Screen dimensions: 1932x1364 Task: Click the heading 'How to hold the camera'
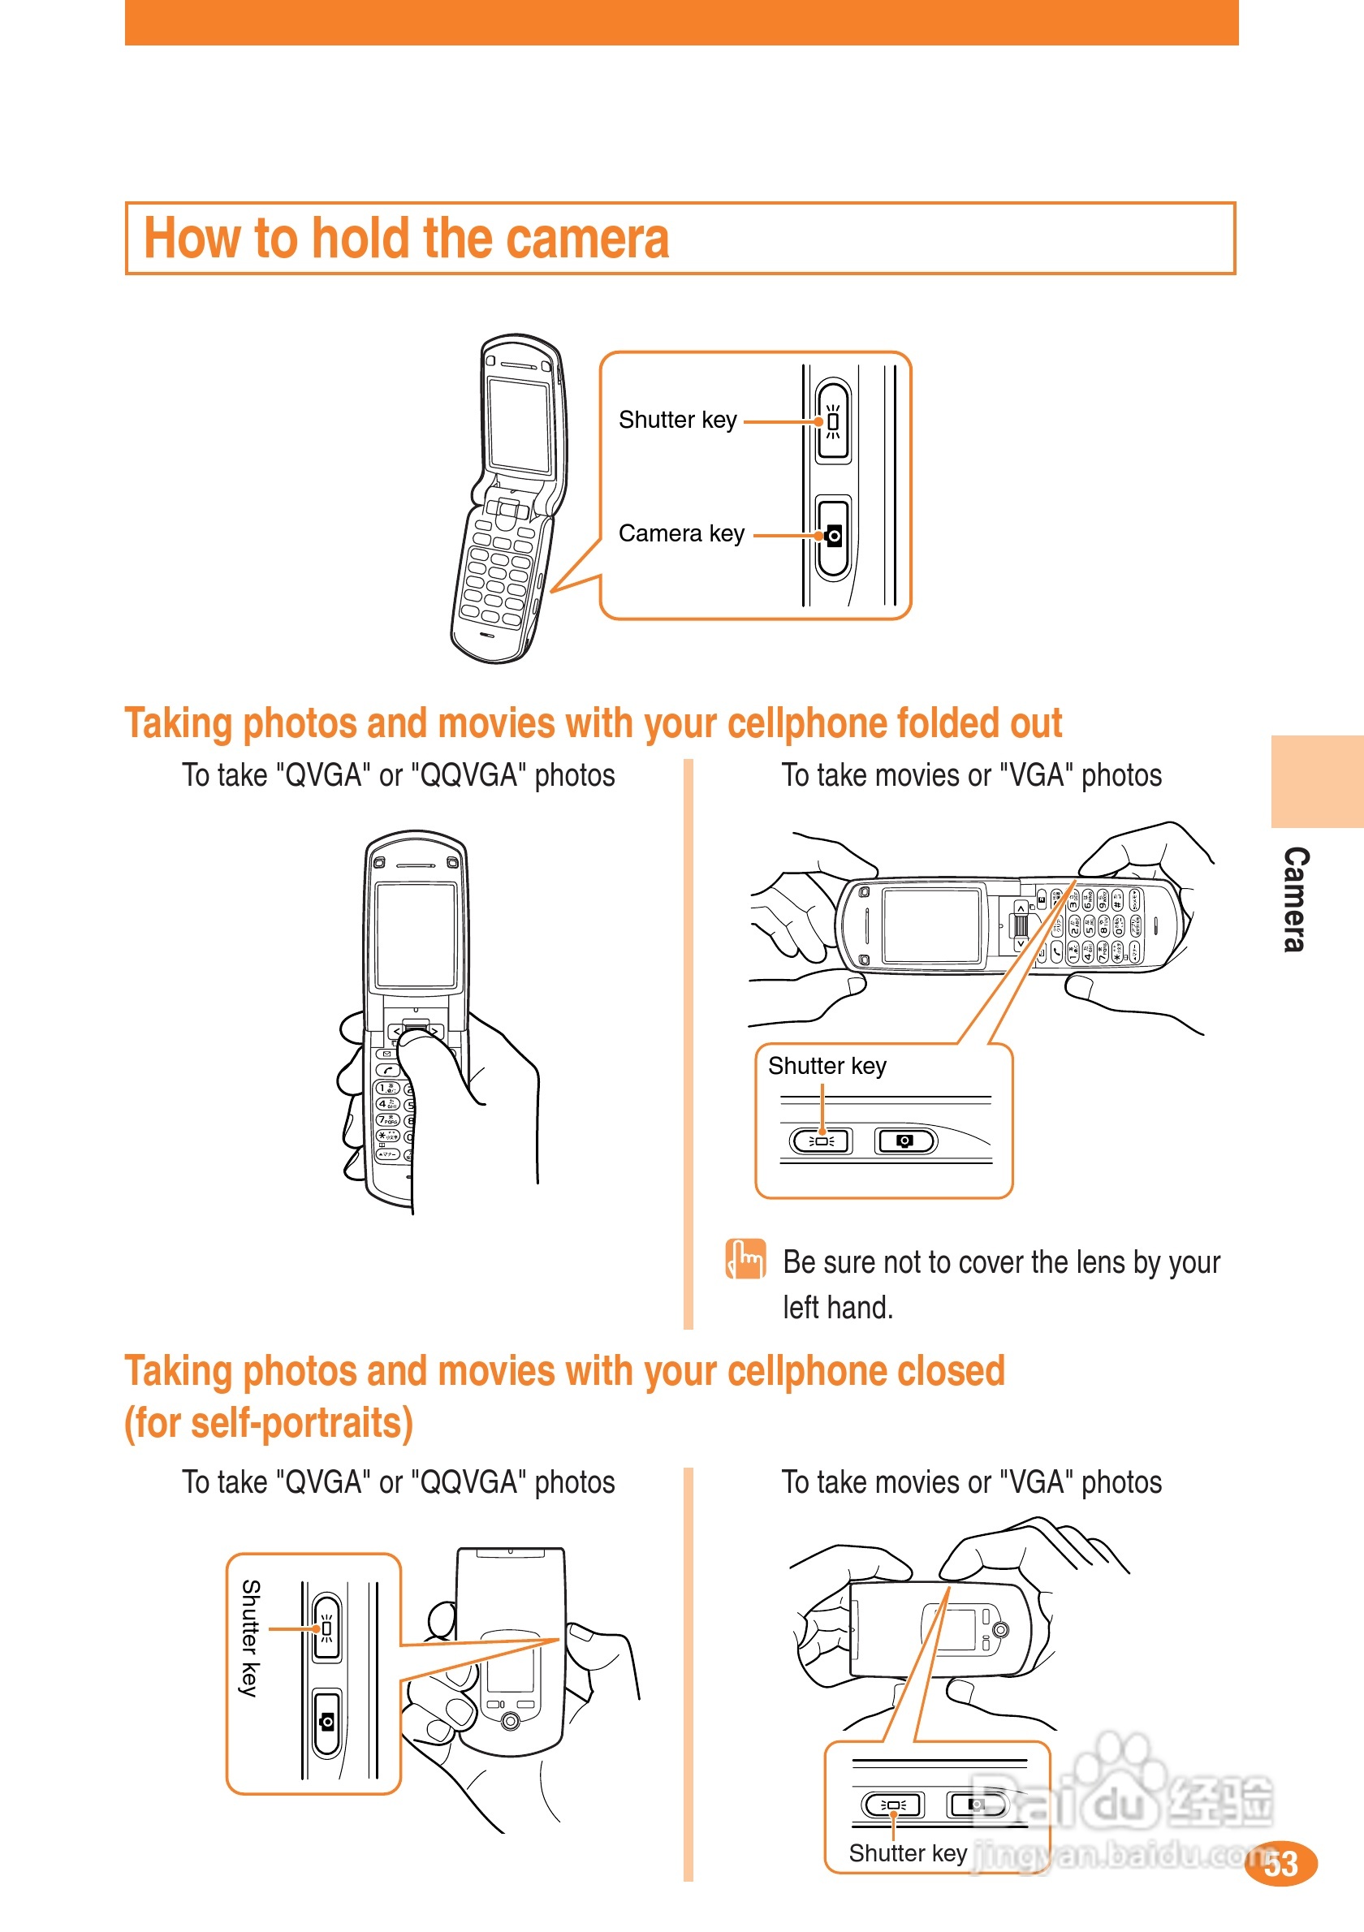tap(407, 238)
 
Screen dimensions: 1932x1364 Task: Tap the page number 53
tap(1280, 1864)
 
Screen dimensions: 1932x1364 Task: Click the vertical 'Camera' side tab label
tap(1295, 899)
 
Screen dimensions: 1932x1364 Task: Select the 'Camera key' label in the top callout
tap(681, 533)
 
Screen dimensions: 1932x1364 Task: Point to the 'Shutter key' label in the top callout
tap(677, 420)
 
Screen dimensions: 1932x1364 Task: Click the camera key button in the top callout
tap(833, 536)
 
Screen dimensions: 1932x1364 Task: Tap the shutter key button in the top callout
tap(832, 420)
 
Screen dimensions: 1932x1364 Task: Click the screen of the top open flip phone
tap(518, 424)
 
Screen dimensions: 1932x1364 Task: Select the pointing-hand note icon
tap(745, 1260)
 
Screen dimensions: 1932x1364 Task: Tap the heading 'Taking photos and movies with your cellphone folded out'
tap(593, 722)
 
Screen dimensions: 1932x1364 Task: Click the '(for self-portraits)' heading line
tap(269, 1423)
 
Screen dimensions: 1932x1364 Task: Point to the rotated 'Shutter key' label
tap(250, 1637)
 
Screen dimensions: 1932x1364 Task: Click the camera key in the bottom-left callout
tap(326, 1723)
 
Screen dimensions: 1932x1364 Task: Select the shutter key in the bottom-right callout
tap(893, 1804)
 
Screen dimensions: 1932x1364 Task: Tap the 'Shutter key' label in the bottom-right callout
tap(908, 1853)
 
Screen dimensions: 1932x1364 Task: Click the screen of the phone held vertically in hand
tap(416, 934)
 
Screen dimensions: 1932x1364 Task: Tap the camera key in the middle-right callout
tap(904, 1141)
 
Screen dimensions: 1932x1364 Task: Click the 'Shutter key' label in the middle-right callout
tap(827, 1066)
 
